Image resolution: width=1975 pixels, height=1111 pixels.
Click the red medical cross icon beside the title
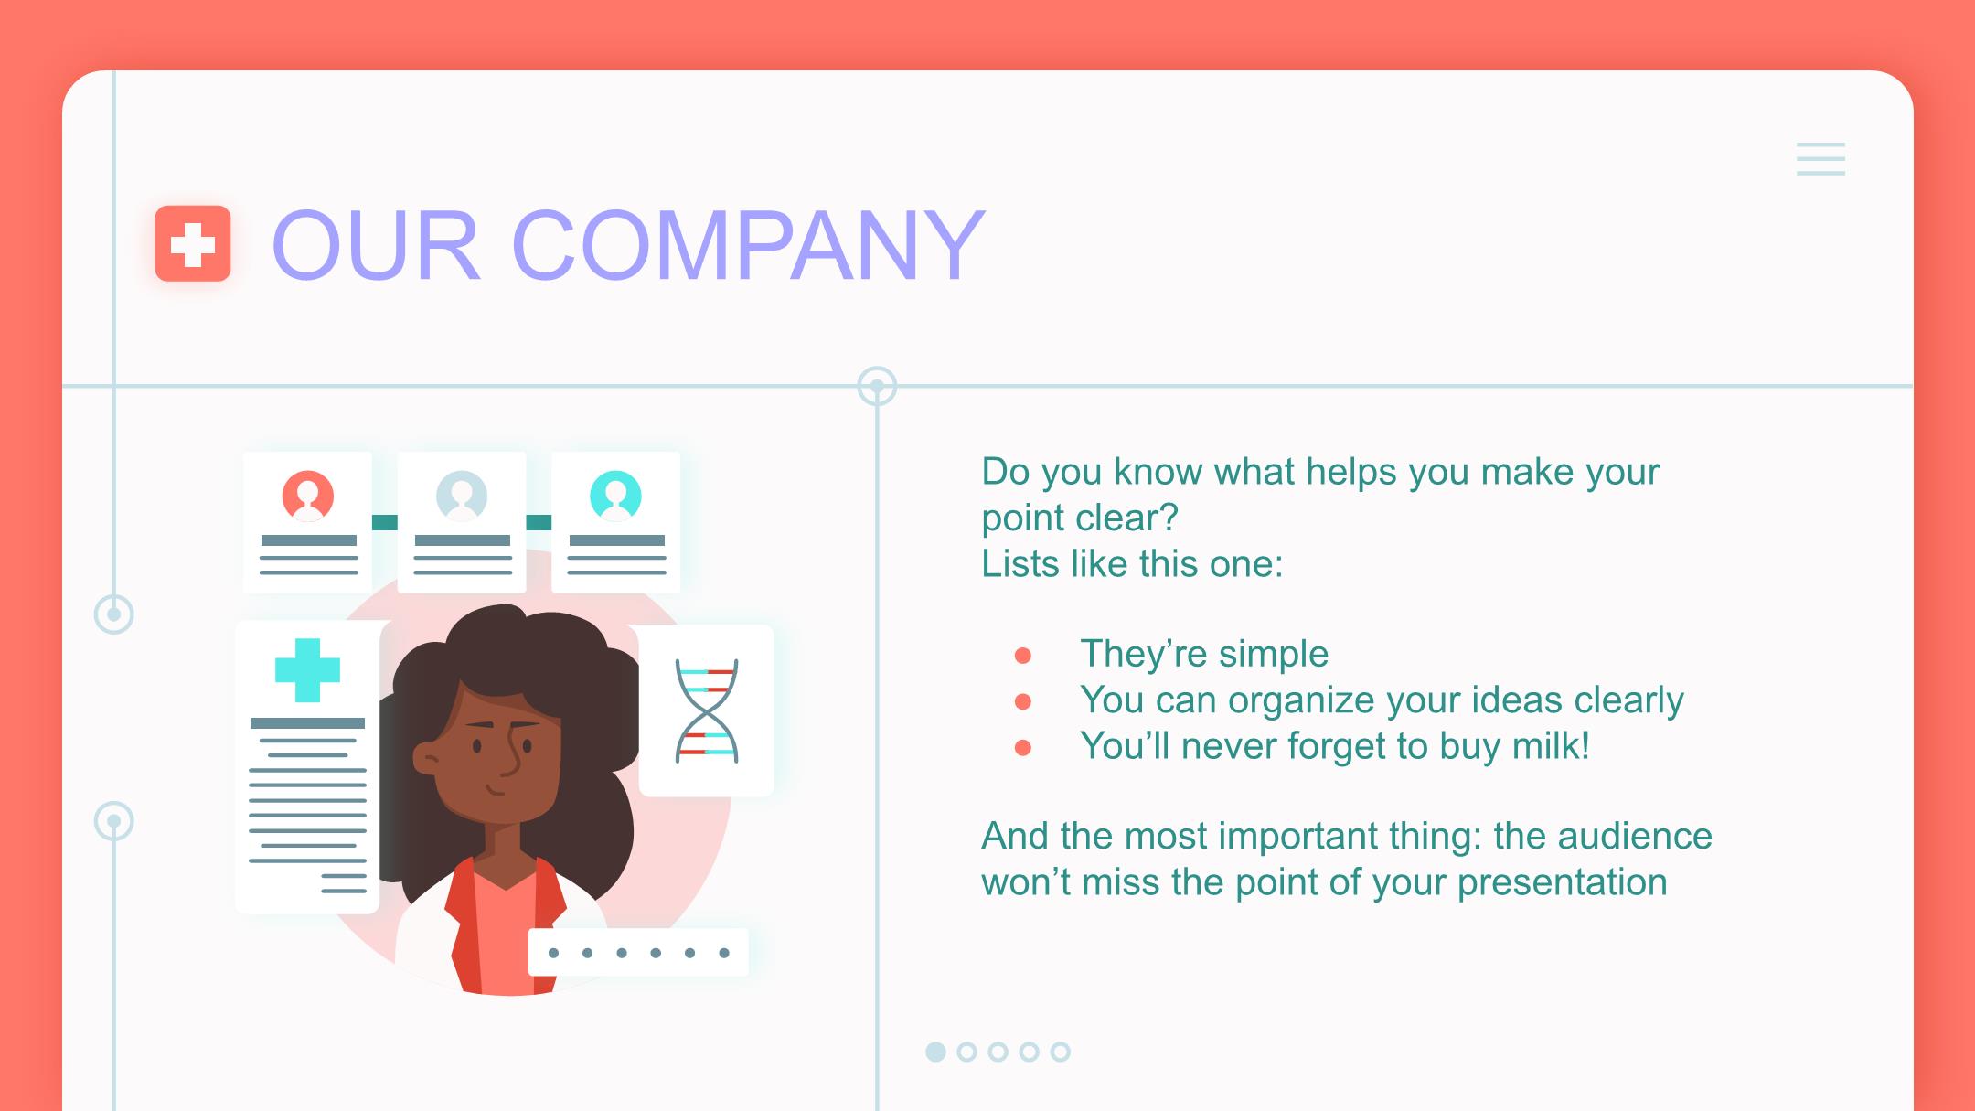[192, 244]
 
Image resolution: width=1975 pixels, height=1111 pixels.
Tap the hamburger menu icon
[1820, 159]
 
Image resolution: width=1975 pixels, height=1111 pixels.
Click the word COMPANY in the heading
[748, 245]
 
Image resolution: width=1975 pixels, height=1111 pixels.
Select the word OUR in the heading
[376, 245]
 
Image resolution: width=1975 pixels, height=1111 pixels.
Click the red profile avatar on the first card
[307, 496]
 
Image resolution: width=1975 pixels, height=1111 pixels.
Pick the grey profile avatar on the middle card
[462, 496]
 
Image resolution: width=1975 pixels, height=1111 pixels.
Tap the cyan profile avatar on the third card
[615, 496]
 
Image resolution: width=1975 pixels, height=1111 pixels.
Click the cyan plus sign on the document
[307, 670]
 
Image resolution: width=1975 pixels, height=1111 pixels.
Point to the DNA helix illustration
[706, 710]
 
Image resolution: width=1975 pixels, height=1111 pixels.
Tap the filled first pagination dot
[935, 1052]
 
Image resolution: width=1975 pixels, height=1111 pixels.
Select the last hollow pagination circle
[1060, 1052]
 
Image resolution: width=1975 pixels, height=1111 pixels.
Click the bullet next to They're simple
[1023, 656]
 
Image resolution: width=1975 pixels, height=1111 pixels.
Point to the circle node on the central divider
[877, 386]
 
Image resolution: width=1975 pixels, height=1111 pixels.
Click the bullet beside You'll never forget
[1023, 748]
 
